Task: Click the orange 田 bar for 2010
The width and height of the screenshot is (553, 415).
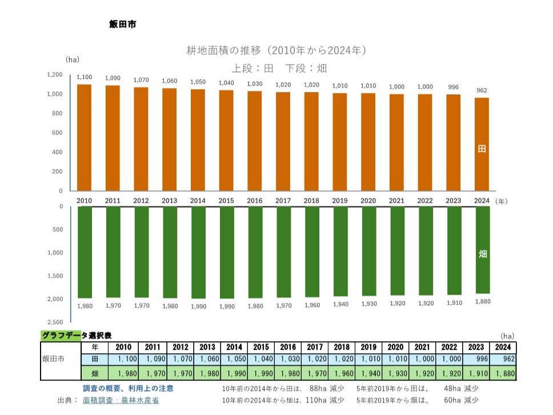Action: [x=84, y=137]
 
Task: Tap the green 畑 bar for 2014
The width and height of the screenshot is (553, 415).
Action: [x=198, y=252]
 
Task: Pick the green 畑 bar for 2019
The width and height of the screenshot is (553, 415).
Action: [x=340, y=251]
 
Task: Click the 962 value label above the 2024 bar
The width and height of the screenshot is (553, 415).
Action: [x=482, y=90]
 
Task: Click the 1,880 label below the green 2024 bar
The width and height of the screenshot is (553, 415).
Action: [x=483, y=301]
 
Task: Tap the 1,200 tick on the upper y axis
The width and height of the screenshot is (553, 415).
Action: [x=55, y=75]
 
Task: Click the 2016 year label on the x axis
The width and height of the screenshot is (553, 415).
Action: [x=254, y=201]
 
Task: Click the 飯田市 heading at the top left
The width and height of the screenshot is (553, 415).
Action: [x=122, y=25]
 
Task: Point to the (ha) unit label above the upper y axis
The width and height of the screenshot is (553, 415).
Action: [x=72, y=59]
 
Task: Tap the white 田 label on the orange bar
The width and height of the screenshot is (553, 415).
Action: [x=482, y=149]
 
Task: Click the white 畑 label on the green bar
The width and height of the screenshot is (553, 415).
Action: [x=483, y=254]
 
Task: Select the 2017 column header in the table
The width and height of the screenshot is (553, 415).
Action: [x=315, y=348]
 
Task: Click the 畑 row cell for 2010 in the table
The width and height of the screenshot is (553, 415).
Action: [x=123, y=373]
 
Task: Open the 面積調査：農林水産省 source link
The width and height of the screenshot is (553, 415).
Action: [x=121, y=400]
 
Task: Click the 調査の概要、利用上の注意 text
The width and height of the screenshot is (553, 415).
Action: [x=128, y=388]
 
